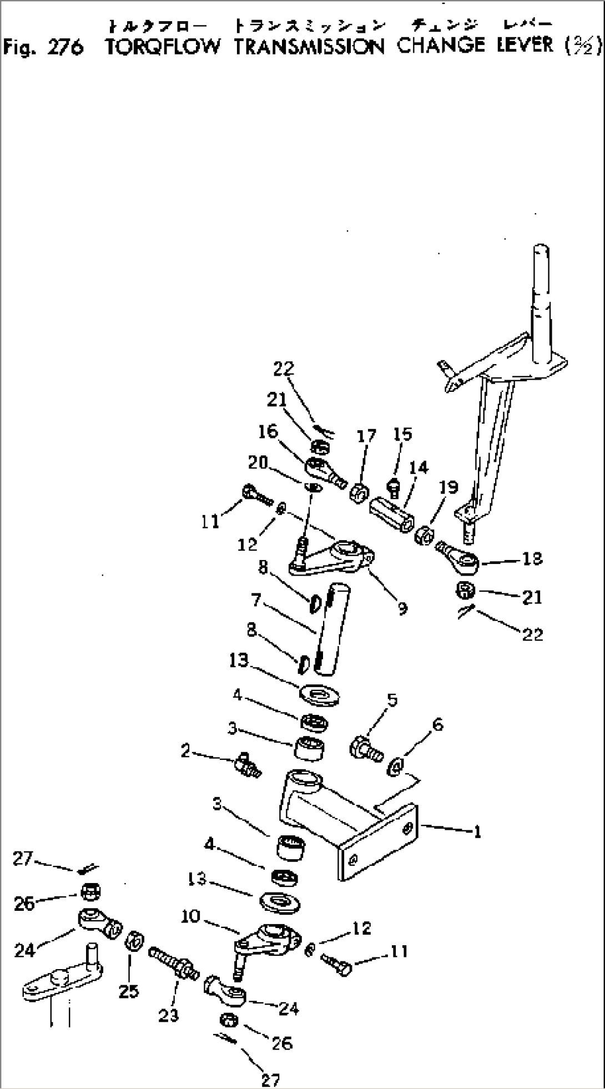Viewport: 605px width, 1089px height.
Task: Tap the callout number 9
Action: (x=402, y=609)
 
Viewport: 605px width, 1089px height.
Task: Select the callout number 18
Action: (x=532, y=558)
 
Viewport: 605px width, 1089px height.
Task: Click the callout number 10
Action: (x=190, y=916)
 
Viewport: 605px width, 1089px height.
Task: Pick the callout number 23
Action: (x=169, y=1015)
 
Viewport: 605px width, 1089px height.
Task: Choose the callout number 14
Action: (x=419, y=467)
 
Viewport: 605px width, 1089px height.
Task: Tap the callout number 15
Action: (x=402, y=434)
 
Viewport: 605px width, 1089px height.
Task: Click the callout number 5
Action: (x=392, y=700)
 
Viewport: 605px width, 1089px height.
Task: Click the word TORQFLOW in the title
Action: (x=163, y=47)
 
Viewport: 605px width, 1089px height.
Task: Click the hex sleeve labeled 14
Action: (x=391, y=516)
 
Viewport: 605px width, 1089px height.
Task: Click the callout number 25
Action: (x=129, y=991)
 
